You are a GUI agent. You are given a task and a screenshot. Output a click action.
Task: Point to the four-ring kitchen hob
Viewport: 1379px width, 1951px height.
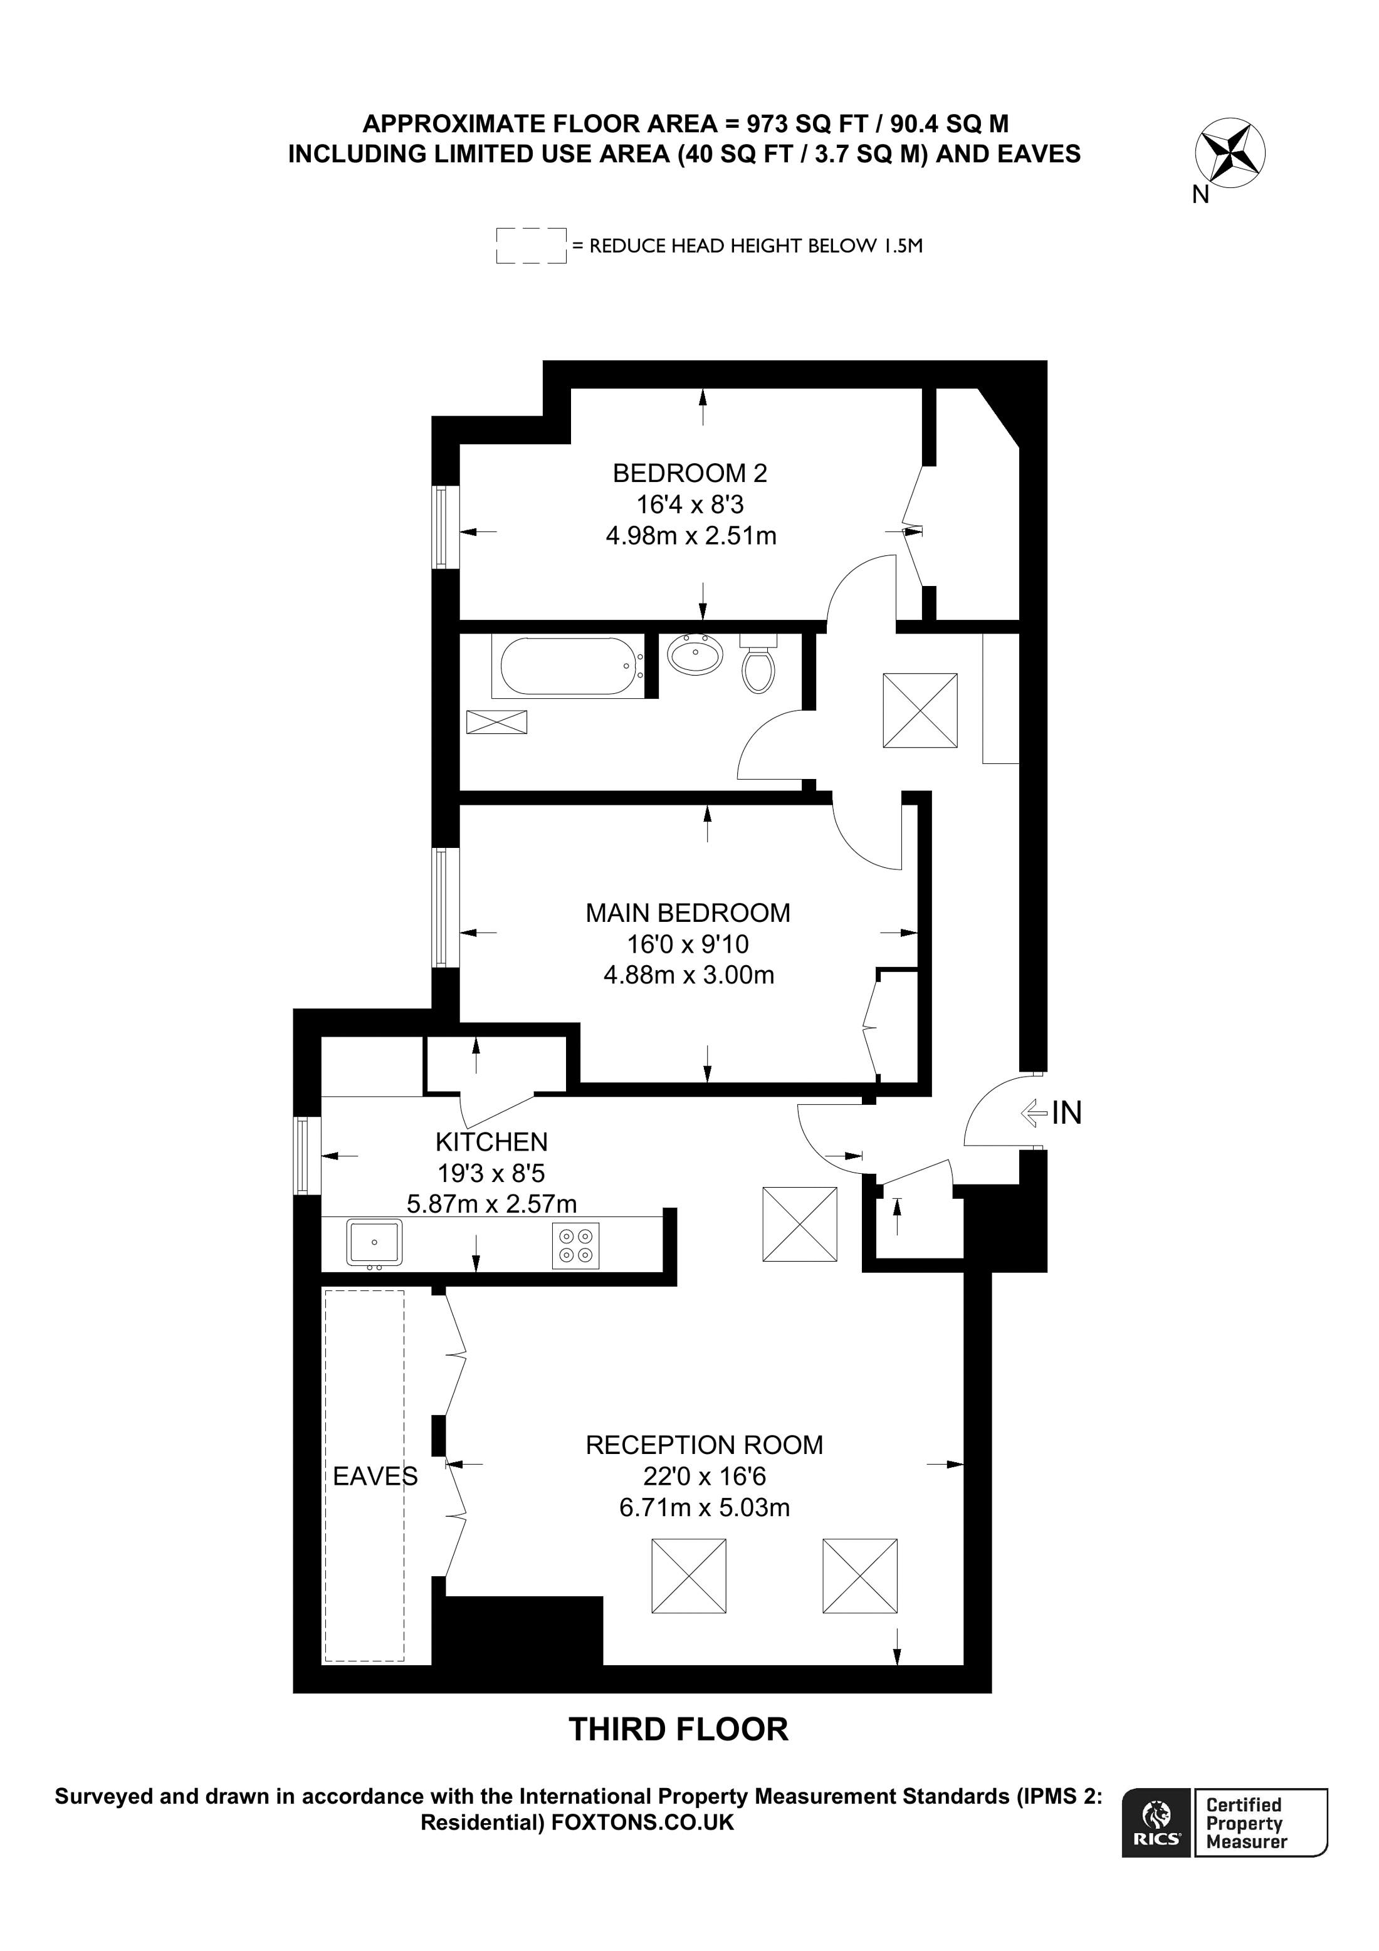[575, 1246]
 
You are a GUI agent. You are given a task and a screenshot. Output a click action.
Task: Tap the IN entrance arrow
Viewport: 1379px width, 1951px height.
[1034, 1112]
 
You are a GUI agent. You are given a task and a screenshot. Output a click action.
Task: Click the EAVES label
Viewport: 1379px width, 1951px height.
[375, 1477]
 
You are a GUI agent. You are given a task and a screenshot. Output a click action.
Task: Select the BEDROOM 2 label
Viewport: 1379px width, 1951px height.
[690, 473]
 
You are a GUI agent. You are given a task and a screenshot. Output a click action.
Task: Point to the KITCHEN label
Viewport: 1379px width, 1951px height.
[491, 1141]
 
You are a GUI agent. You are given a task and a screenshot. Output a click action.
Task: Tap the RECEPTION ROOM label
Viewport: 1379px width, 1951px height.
[703, 1445]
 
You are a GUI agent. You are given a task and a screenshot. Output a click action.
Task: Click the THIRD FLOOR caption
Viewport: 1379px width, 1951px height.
[678, 1729]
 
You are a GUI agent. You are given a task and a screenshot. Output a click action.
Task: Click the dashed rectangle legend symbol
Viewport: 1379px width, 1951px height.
[531, 246]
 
